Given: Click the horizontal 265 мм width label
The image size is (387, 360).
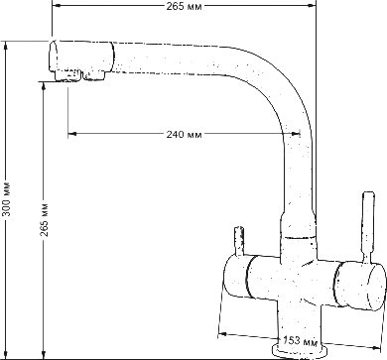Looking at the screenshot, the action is coord(184,6).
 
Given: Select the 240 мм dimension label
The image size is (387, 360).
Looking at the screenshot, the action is coord(184,134).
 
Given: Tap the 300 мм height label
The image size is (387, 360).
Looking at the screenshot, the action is coord(7,198).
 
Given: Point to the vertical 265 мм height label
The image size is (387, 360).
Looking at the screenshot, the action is coord(44,219).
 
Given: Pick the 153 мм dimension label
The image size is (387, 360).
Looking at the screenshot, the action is coord(301,340).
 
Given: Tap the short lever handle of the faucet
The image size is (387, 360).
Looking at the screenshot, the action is coord(239,241).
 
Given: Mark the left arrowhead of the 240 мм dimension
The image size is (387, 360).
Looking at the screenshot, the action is coord(71,134).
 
